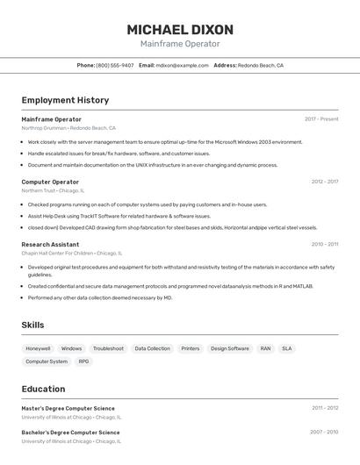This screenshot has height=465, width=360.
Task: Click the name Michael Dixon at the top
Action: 180,29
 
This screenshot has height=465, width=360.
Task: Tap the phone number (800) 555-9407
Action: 115,65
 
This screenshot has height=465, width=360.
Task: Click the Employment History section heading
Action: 65,100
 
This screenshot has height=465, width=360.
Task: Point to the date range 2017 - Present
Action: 321,119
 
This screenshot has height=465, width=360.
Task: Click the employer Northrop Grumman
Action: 44,128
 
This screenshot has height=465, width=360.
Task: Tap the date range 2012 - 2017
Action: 324,182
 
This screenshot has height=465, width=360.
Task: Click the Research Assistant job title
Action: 50,244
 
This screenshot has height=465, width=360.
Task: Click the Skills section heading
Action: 32,325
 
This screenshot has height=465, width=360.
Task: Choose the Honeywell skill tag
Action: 38,348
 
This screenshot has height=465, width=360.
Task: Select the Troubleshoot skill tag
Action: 108,348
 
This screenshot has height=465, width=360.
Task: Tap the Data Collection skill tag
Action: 152,348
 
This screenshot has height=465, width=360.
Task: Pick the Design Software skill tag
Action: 230,348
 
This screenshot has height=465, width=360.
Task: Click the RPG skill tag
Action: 83,361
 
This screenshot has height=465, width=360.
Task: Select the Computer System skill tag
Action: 47,361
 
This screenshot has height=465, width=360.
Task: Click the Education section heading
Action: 43,389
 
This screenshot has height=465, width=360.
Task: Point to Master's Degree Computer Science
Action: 68,408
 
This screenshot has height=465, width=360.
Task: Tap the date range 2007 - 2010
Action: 324,432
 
